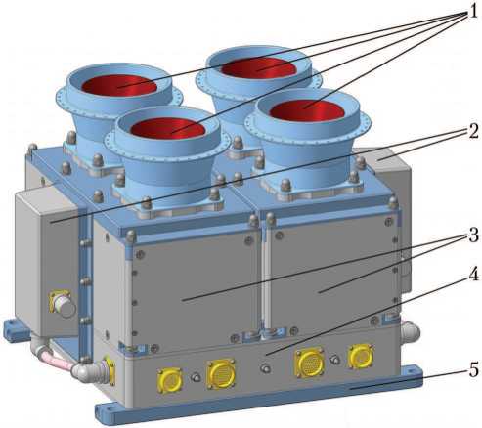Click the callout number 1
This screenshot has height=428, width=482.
(472, 11)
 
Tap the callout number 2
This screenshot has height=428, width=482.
(473, 131)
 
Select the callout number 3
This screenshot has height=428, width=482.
(473, 235)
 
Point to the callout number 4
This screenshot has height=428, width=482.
(473, 275)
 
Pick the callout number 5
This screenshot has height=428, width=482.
(474, 370)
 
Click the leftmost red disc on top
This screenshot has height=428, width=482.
(119, 87)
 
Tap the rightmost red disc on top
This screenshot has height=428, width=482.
(307, 109)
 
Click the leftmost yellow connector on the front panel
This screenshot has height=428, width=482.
(170, 381)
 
